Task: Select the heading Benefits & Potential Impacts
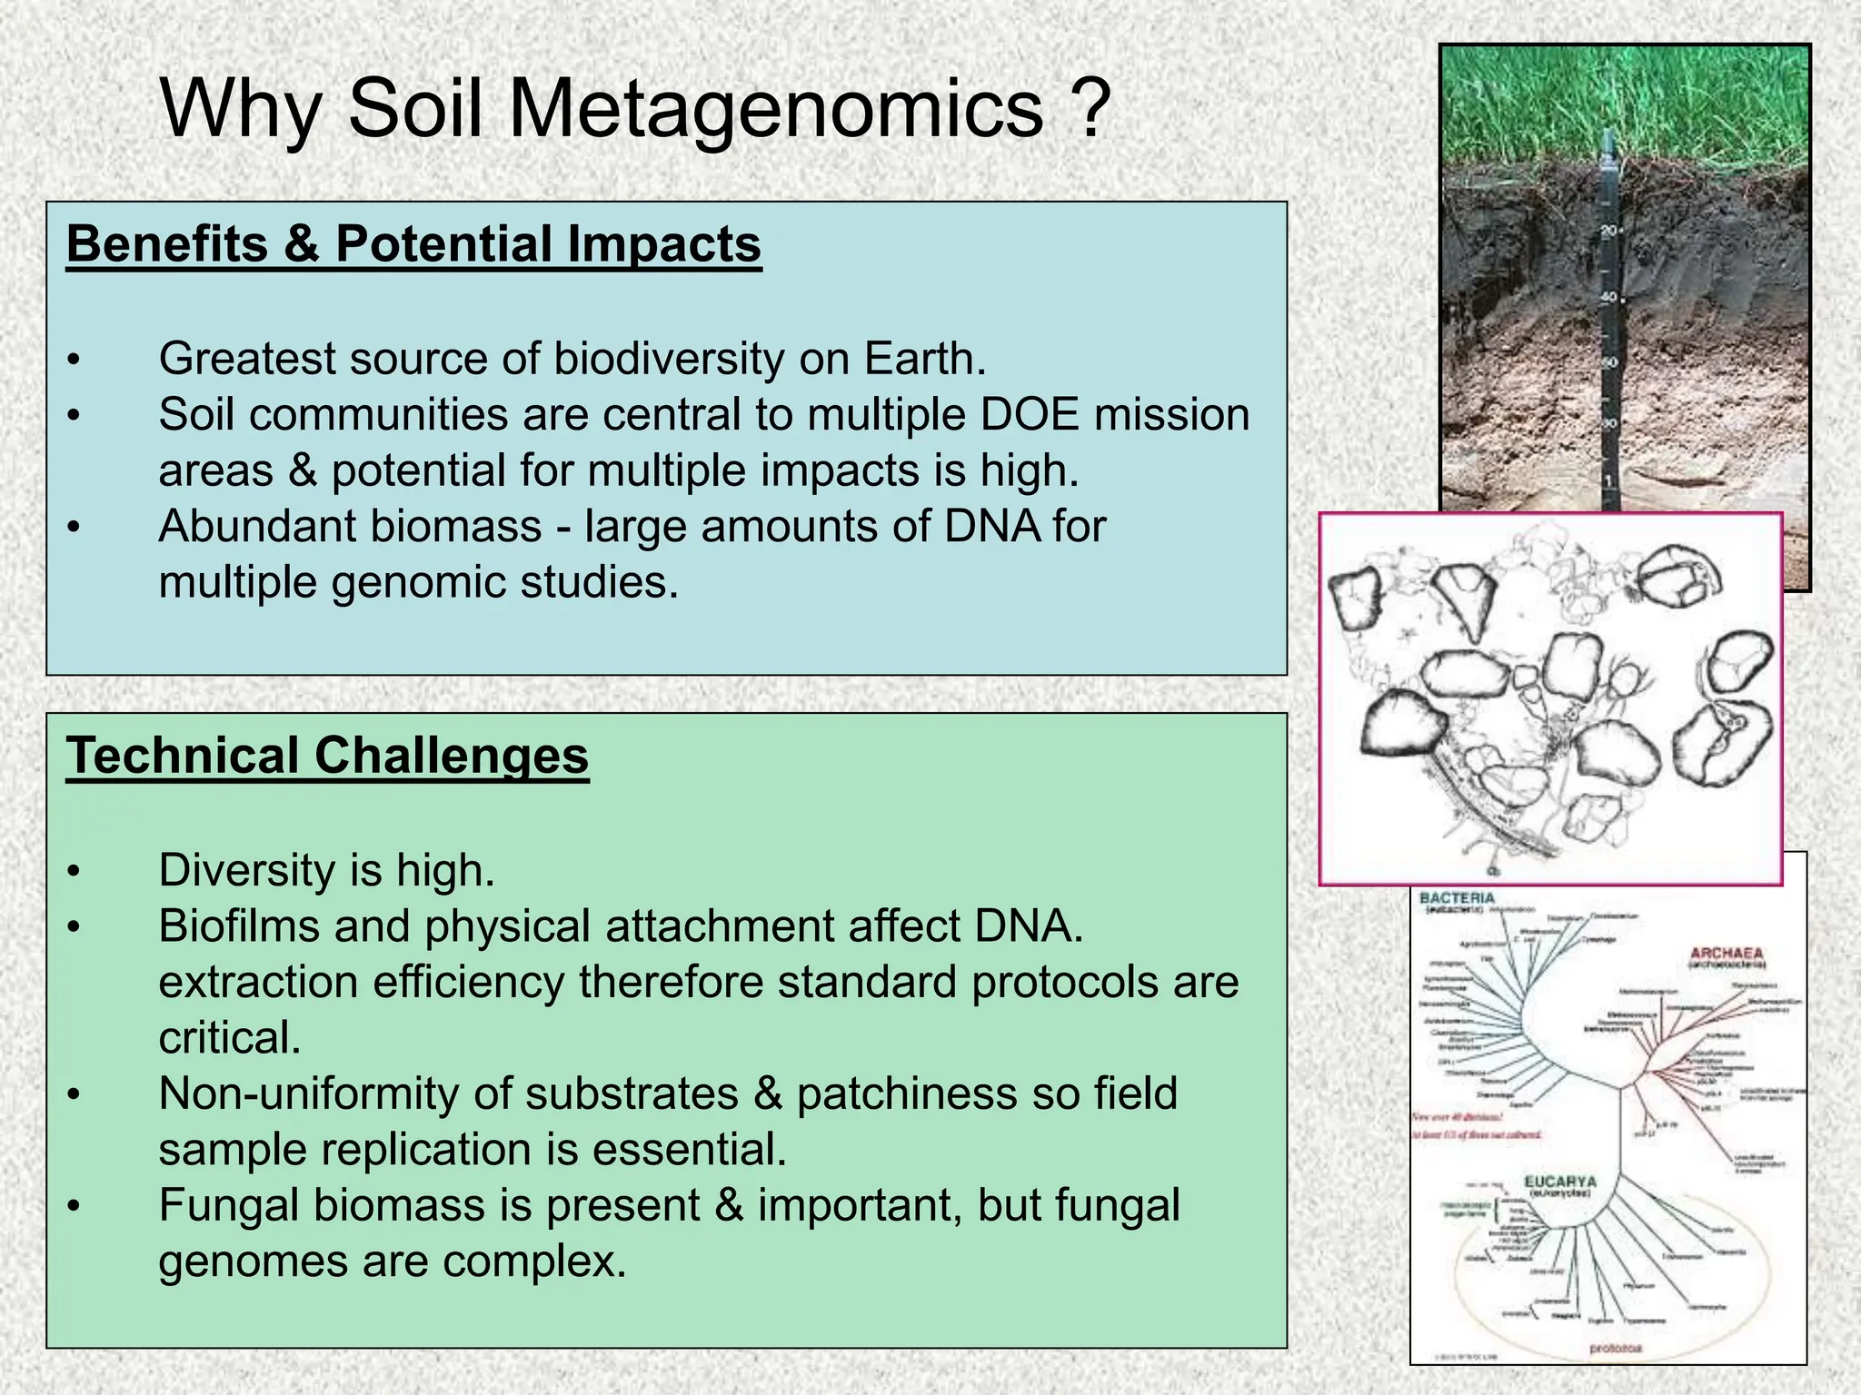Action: pos(413,244)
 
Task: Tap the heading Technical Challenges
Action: pos(327,756)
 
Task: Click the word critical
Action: pos(229,1038)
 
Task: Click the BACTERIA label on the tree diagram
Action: pos(1457,898)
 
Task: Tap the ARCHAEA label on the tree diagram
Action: pos(1727,954)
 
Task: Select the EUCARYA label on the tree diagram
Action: pos(1559,1182)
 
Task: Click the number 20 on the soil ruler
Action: pos(1609,231)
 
